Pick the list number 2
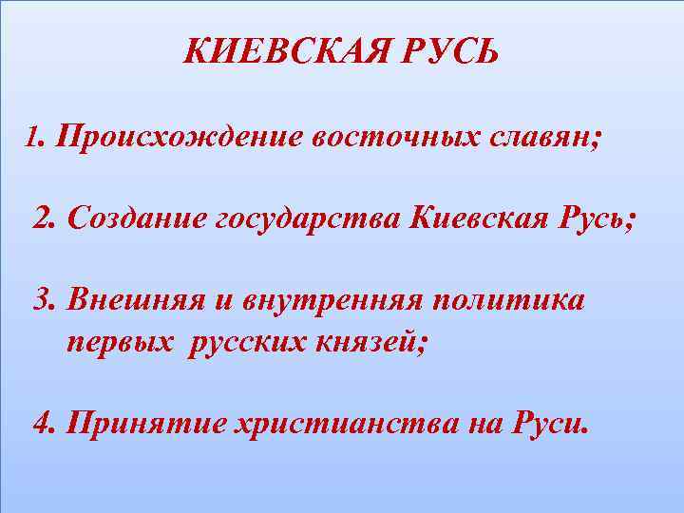click(43, 219)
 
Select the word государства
click(309, 221)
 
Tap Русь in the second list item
click(594, 221)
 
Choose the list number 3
click(43, 301)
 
